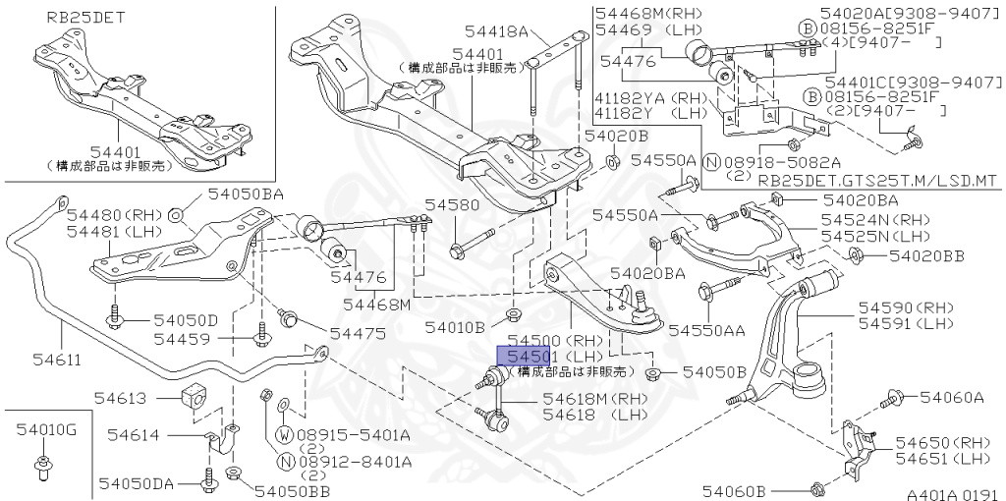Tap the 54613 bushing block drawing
click(196, 397)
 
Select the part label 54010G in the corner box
click(45, 429)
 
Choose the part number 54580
click(452, 205)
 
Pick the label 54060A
click(952, 398)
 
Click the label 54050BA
click(245, 195)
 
